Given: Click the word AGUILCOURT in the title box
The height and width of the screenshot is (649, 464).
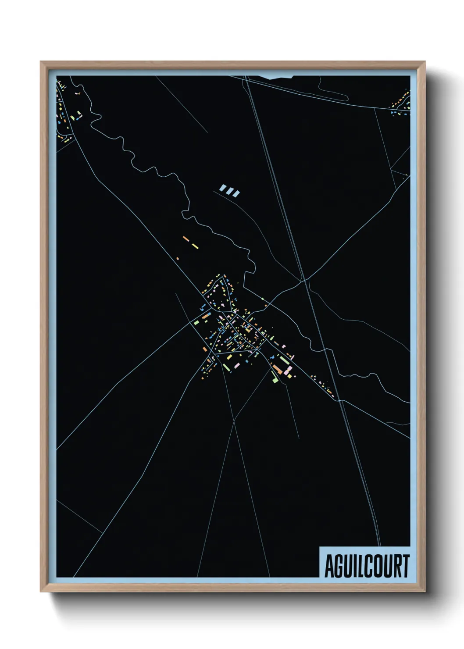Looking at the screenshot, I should click(367, 566).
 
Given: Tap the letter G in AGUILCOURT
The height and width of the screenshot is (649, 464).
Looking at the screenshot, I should click(338, 566).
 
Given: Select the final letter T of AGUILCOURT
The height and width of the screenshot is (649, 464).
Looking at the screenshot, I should click(405, 566).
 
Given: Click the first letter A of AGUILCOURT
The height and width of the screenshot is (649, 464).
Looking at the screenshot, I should click(329, 566).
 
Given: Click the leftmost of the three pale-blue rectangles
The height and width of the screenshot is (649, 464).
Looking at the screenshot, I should click(223, 189).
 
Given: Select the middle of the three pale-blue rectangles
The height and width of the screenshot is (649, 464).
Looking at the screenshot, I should click(230, 191).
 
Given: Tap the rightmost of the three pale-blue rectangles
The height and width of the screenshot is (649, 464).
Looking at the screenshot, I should click(236, 193).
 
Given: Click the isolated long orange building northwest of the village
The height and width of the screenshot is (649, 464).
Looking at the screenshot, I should click(186, 239).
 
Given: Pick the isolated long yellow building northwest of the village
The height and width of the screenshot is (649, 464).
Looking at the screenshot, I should click(195, 246).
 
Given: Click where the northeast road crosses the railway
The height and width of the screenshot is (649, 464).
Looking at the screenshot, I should click(303, 279).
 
